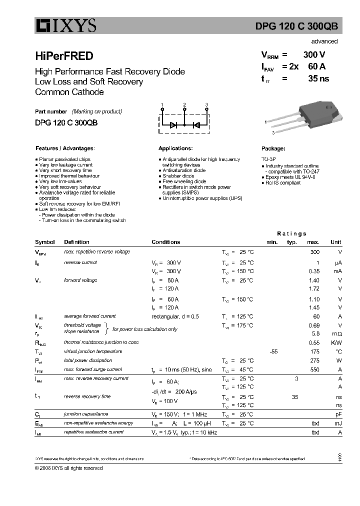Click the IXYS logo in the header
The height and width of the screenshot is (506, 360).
[x=65, y=25]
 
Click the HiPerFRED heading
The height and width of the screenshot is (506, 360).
[x=64, y=56]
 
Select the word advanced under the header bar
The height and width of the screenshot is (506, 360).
[x=324, y=41]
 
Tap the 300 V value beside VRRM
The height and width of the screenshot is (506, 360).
[x=314, y=55]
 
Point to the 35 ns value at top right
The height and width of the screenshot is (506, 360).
[x=318, y=78]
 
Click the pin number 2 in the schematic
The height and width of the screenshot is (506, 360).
[x=184, y=104]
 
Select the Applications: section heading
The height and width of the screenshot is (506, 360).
[x=175, y=148]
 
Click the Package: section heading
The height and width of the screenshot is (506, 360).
[x=273, y=148]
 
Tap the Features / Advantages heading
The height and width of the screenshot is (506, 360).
[x=65, y=148]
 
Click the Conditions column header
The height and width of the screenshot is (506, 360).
[x=165, y=242]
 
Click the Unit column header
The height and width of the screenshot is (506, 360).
[x=336, y=242]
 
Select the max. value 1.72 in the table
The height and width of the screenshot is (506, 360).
[x=314, y=288]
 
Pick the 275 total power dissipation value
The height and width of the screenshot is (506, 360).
[x=315, y=360]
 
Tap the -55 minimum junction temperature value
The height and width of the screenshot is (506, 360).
[x=273, y=351]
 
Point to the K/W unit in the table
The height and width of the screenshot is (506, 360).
[x=336, y=342]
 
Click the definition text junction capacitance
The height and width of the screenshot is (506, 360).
[x=86, y=414]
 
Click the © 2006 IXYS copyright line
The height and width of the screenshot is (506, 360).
[x=68, y=468]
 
